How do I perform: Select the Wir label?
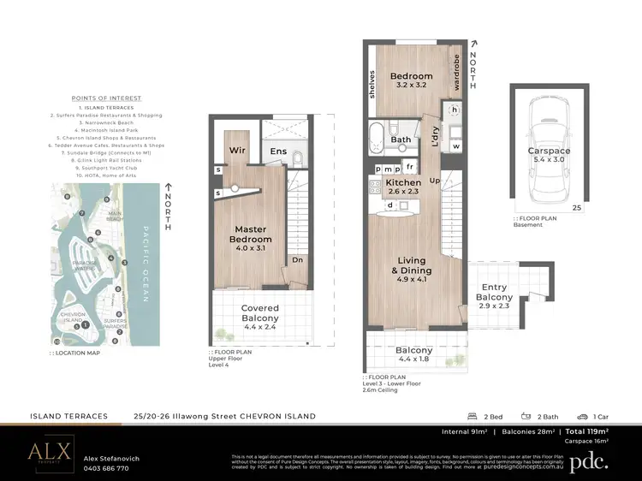(x=238, y=152)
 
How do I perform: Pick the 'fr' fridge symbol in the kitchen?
(x=410, y=167)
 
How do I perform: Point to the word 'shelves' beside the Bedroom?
(x=372, y=84)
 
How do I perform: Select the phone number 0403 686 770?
(x=106, y=468)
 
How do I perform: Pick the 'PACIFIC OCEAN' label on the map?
(x=145, y=264)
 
